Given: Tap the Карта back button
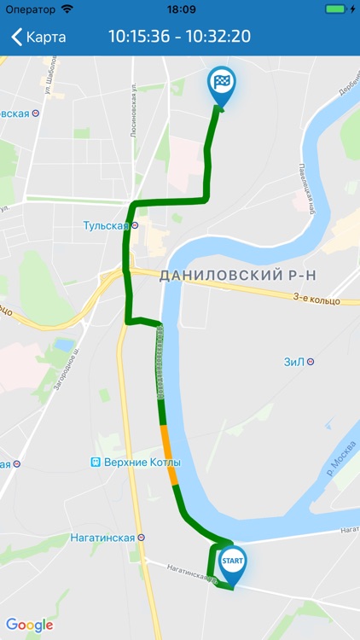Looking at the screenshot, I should click(x=38, y=38).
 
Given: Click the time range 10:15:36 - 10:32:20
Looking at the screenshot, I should click(x=179, y=38).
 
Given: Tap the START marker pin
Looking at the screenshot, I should click(x=232, y=564).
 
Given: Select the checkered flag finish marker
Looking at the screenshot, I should click(x=222, y=84).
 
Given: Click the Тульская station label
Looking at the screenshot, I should click(x=106, y=226).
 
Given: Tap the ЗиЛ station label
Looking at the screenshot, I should click(x=293, y=361).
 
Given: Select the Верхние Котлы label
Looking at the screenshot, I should click(x=142, y=463).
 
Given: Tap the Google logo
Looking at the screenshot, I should click(x=30, y=625).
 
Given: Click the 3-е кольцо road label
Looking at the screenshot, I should click(x=316, y=300).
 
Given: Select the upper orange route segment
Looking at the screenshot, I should click(x=166, y=442).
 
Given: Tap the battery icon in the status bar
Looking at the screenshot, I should click(x=335, y=9).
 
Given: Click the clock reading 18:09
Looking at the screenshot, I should click(x=181, y=9).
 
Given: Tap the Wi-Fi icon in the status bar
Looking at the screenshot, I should click(x=67, y=9).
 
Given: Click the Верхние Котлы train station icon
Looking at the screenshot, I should click(x=96, y=463).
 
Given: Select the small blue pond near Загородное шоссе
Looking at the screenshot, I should click(x=62, y=346).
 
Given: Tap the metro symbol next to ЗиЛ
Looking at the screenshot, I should click(x=311, y=361).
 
